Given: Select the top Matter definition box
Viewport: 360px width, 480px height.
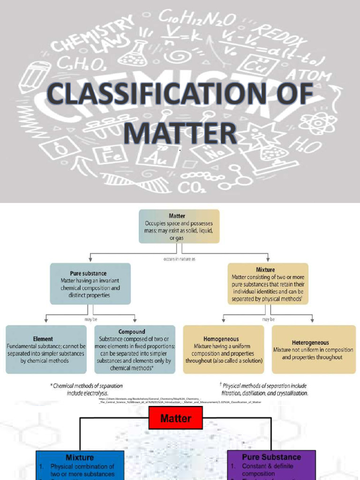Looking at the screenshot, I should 179,226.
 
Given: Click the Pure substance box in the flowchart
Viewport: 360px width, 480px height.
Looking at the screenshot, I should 90,284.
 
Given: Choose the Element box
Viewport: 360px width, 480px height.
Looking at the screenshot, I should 46,349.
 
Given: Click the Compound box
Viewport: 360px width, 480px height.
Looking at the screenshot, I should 135,349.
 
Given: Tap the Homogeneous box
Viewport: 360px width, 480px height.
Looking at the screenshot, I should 224,349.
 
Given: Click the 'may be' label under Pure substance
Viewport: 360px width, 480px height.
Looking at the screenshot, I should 90,319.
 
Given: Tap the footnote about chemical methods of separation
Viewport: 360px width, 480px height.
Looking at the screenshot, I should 87,390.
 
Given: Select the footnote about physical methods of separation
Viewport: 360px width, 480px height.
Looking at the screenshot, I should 265,390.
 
